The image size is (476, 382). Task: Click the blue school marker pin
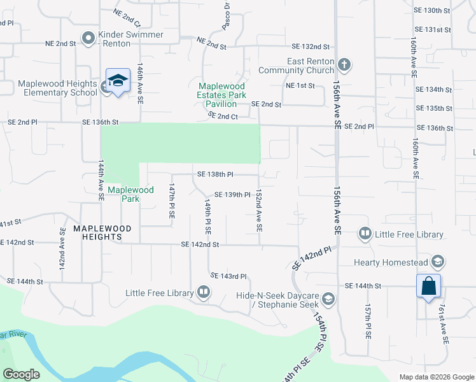tap(118, 81)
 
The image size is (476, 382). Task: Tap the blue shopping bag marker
tap(429, 285)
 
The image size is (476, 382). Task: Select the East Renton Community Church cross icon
tap(344, 64)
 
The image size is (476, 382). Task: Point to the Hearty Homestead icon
tap(437, 262)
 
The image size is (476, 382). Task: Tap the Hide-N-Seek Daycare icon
tap(328, 299)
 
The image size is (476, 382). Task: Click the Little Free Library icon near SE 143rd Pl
tap(204, 293)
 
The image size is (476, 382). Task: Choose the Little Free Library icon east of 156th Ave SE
tap(365, 234)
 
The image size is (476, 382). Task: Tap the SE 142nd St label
tap(200, 244)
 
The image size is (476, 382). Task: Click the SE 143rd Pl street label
tap(228, 276)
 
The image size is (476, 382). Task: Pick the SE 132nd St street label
tap(311, 46)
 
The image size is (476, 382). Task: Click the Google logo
tap(22, 374)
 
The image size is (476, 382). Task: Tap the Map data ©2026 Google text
tap(436, 377)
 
